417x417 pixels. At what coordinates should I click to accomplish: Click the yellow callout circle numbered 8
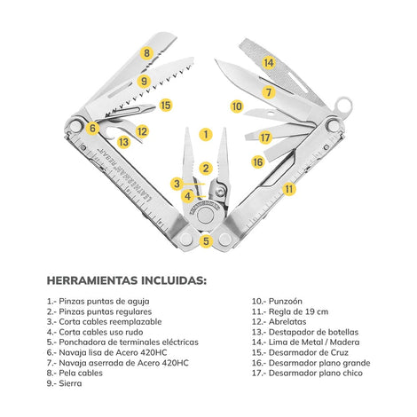[147, 53]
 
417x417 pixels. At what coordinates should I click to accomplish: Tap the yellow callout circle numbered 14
[269, 63]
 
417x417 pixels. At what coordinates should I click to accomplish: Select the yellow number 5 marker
[206, 240]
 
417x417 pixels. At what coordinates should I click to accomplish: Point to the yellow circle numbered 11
[289, 189]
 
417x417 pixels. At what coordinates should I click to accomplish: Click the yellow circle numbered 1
[206, 135]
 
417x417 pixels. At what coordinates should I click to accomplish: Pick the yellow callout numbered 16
[258, 161]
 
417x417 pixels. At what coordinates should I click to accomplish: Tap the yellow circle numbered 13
[124, 142]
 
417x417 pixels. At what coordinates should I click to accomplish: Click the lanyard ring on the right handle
[343, 106]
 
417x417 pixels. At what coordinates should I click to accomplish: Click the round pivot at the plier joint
[206, 215]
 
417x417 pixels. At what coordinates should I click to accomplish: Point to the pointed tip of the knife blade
[216, 60]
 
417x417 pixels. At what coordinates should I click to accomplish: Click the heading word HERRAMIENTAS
[92, 280]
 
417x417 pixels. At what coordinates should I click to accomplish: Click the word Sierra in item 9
[70, 383]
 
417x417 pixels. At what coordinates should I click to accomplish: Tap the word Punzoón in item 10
[286, 302]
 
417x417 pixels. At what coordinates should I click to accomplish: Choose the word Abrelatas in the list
[287, 322]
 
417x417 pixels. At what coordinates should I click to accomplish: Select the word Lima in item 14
[278, 342]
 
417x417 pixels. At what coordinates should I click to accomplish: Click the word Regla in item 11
[279, 311]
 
